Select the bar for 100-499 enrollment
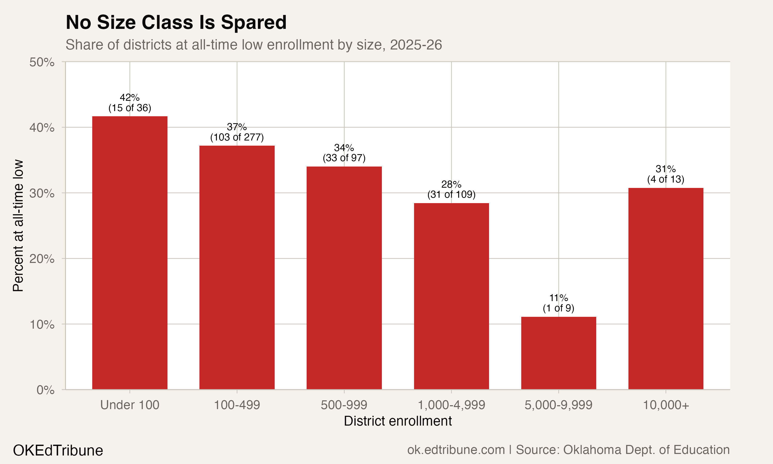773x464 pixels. (237, 267)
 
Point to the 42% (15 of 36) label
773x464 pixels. (130, 103)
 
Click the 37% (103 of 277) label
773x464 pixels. (237, 132)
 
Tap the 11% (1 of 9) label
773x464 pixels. (558, 303)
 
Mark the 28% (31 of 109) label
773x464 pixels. (451, 189)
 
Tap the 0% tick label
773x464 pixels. (45, 390)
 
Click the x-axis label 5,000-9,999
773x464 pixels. (558, 405)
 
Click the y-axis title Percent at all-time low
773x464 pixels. (18, 226)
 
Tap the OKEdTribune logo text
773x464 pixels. (58, 451)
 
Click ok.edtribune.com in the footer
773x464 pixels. (456, 450)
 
